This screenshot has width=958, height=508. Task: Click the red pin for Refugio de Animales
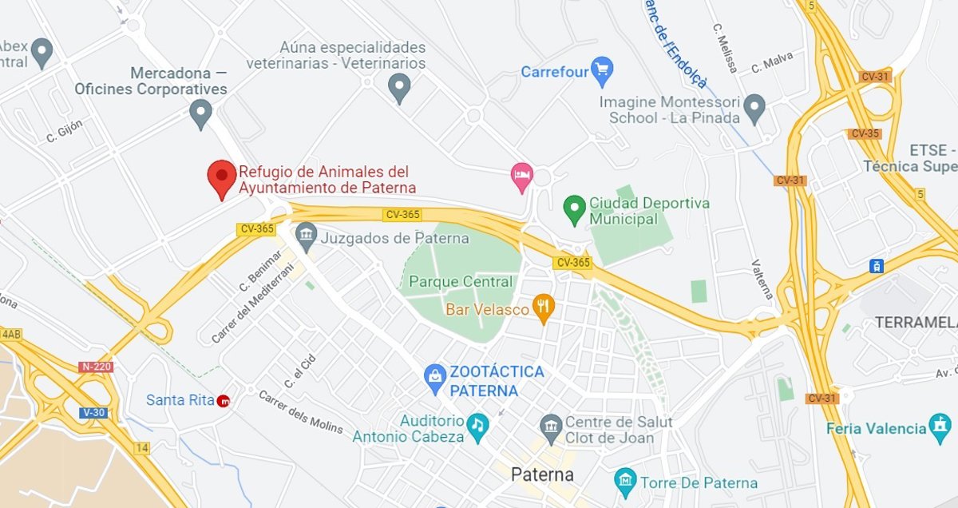coord(222,177)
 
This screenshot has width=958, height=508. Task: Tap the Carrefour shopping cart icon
coord(601,71)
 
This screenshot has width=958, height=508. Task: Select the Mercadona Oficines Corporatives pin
coord(201,113)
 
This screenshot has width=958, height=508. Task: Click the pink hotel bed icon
coord(522,176)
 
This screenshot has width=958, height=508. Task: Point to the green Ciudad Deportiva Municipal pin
coord(574,209)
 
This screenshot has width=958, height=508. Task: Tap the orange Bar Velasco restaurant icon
coord(544,308)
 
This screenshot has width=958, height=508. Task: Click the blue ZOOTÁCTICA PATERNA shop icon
coord(435,377)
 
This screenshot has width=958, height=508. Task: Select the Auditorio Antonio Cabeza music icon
coord(477,424)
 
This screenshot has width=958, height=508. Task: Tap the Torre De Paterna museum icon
coord(625,482)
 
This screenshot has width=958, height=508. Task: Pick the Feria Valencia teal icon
coord(940,427)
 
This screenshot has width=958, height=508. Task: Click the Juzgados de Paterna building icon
coord(305,236)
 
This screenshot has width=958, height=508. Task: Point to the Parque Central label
coord(461,282)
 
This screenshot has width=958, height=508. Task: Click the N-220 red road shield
coord(96,367)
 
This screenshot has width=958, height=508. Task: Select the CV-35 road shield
coord(865,133)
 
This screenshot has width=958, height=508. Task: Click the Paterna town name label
coord(542,474)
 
